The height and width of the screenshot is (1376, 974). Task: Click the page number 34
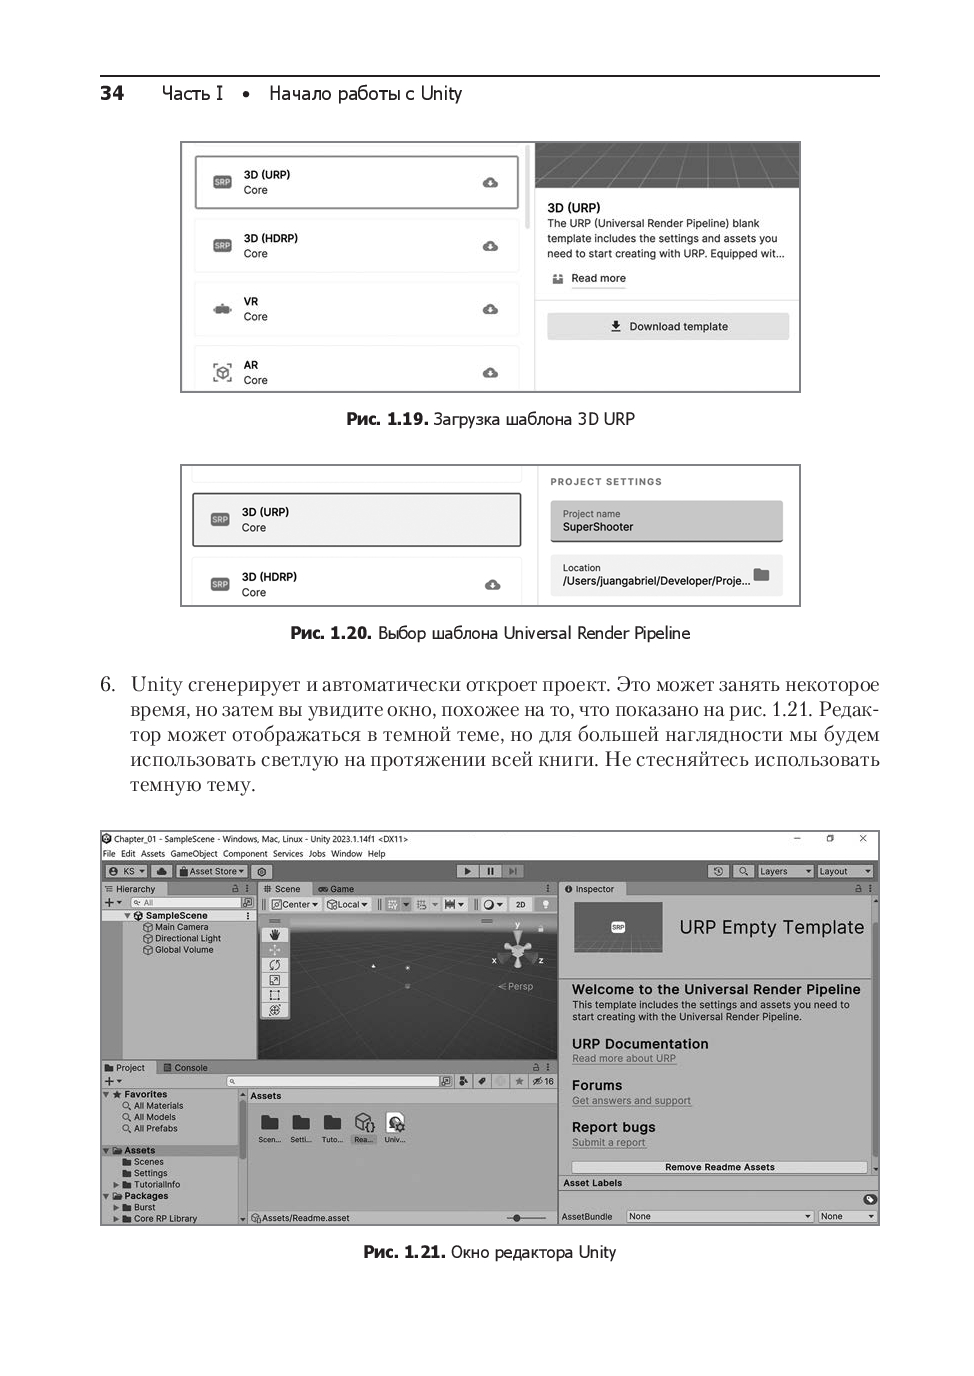point(112,93)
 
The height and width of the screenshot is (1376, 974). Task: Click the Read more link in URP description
point(598,279)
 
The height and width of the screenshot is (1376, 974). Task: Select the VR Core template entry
point(356,309)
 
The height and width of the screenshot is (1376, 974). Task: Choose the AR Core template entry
point(356,372)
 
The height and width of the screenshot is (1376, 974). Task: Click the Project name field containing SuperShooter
point(666,521)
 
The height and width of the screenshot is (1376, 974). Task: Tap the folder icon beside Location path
point(762,575)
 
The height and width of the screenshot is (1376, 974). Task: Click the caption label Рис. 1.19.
point(387,419)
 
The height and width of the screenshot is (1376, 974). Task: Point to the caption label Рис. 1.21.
point(404,1252)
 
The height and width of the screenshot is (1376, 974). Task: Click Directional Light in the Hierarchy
point(187,939)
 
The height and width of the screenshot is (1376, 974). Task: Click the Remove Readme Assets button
point(719,1167)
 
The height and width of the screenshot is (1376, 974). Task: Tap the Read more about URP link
point(624,1059)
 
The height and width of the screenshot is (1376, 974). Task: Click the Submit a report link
point(608,1143)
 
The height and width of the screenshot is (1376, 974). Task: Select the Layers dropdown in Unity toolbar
point(784,871)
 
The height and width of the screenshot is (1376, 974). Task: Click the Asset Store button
point(212,871)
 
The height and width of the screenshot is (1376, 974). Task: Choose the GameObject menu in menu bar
point(194,854)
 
